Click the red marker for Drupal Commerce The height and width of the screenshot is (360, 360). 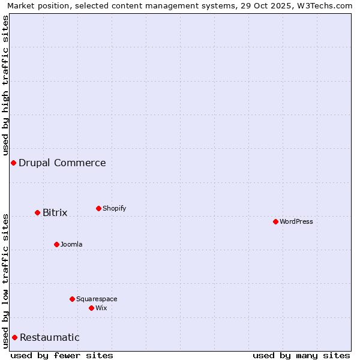point(13,163)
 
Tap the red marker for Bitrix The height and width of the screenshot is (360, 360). point(37,213)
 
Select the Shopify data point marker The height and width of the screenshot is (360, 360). point(98,209)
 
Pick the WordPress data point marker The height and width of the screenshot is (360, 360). point(275,222)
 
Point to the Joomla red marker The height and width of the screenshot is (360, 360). point(56,245)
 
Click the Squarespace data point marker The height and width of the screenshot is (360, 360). point(72,299)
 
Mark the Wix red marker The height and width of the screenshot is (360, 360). point(91,308)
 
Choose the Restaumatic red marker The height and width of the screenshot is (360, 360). point(14,338)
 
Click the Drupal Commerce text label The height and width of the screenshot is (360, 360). point(62,163)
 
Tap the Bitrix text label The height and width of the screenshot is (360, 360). point(55,213)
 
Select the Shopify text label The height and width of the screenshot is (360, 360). point(115,209)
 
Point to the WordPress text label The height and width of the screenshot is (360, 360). point(296,222)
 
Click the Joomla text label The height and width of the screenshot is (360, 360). point(71,245)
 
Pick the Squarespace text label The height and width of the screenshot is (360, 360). point(97,299)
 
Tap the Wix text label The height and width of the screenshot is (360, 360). point(101,308)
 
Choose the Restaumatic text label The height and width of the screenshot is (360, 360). point(50,338)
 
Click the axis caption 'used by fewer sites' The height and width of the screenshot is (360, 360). point(62,356)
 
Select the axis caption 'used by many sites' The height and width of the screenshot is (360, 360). point(301,356)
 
